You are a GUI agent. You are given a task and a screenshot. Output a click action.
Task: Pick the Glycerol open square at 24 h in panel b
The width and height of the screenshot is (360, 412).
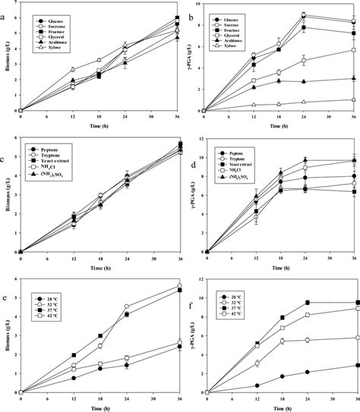(304, 61)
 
